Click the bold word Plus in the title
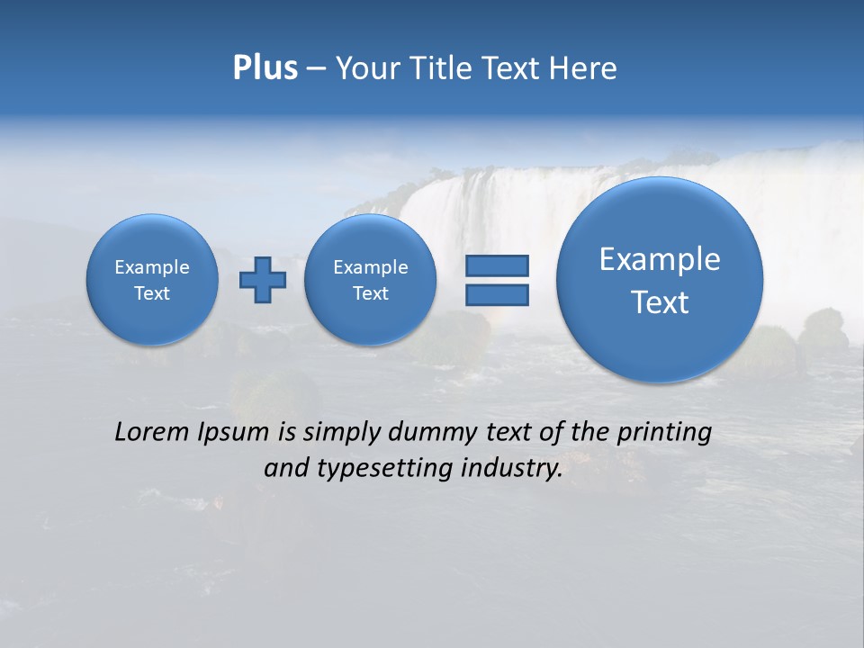[x=265, y=68]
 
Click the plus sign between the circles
[x=263, y=280]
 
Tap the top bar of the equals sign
[x=497, y=265]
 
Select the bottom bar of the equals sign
[x=497, y=295]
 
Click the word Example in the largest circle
[x=660, y=259]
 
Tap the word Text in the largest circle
[x=660, y=302]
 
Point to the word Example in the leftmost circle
[x=152, y=267]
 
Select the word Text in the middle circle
[x=371, y=293]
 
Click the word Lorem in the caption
[x=152, y=432]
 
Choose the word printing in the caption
[x=663, y=433]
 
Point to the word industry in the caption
[x=510, y=469]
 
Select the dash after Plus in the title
[x=316, y=69]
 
